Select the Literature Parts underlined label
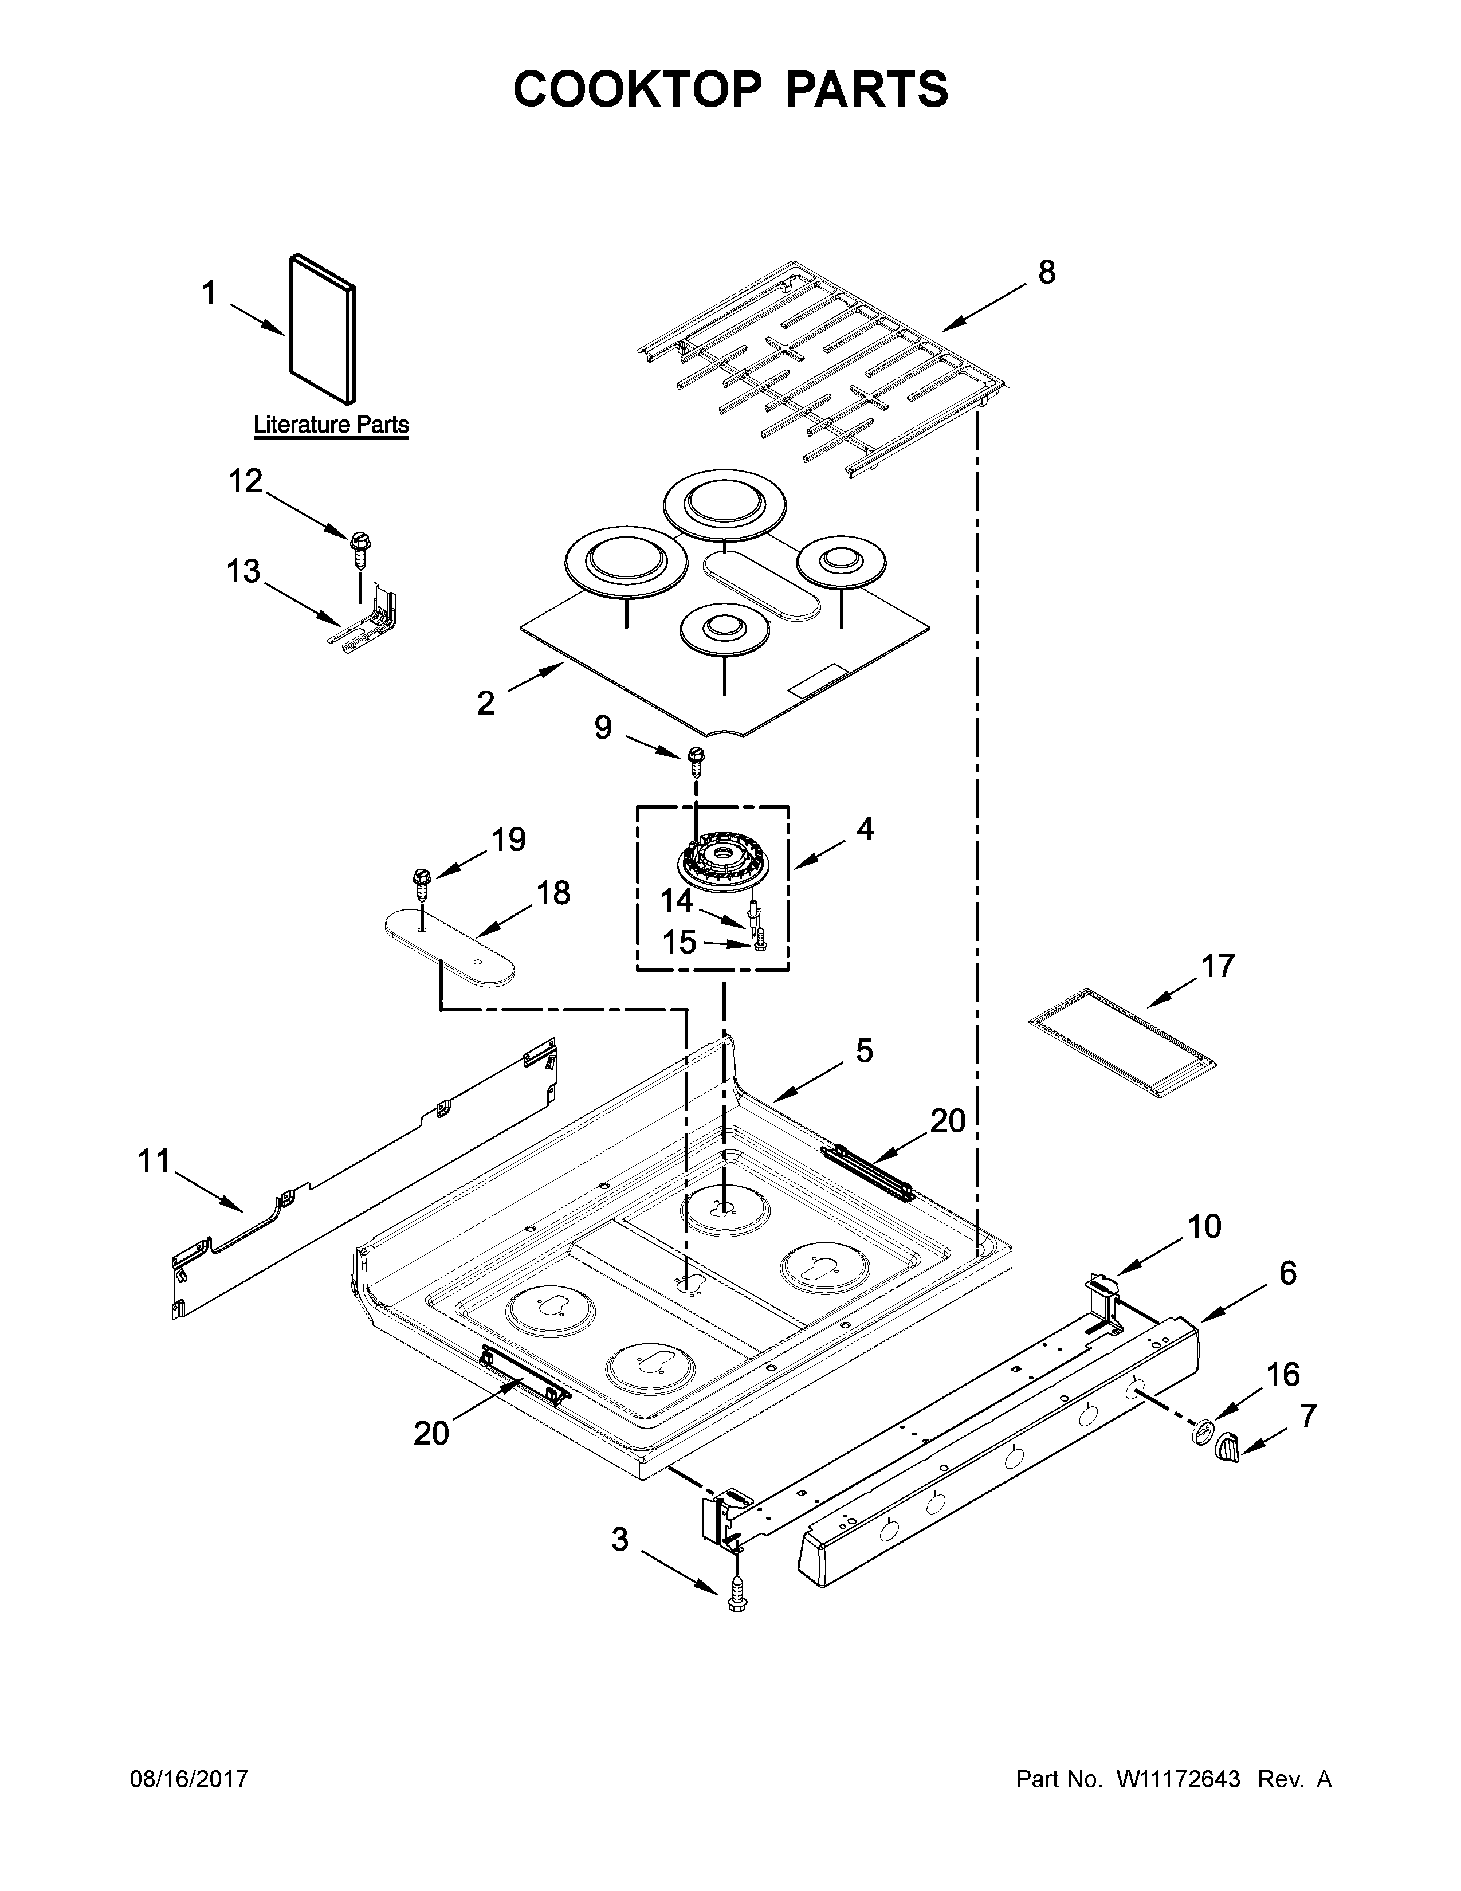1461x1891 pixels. coord(331,425)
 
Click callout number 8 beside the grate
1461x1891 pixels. coord(1046,273)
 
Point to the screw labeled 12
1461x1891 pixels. coord(358,546)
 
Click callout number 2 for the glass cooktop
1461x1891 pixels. coord(485,703)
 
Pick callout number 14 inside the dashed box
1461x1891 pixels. coord(677,901)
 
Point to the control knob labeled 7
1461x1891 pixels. coord(1227,1445)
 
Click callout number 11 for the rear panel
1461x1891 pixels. coord(154,1160)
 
